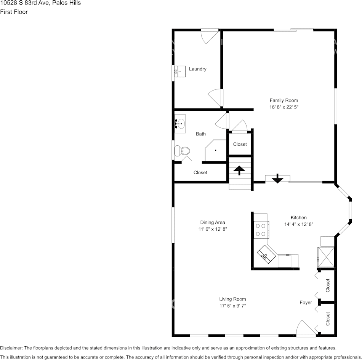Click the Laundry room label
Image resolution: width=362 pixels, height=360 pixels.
(x=198, y=69)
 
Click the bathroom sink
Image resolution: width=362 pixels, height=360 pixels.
(x=180, y=123)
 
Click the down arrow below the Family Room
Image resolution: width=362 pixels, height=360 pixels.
(x=277, y=178)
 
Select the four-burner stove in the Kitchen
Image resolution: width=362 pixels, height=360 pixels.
(x=261, y=230)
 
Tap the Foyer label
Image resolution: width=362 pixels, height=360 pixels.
(x=306, y=303)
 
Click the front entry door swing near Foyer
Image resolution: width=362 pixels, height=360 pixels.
(x=305, y=329)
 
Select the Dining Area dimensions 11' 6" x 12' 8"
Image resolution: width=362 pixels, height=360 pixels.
(x=213, y=229)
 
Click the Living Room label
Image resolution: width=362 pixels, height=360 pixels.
(x=232, y=299)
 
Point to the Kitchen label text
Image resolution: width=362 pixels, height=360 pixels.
(x=298, y=218)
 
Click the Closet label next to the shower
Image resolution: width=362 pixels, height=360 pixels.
(x=240, y=144)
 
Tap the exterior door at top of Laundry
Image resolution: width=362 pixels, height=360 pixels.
(x=210, y=36)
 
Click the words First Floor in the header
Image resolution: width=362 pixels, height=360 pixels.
(x=14, y=12)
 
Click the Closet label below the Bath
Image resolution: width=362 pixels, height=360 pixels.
(x=200, y=172)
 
